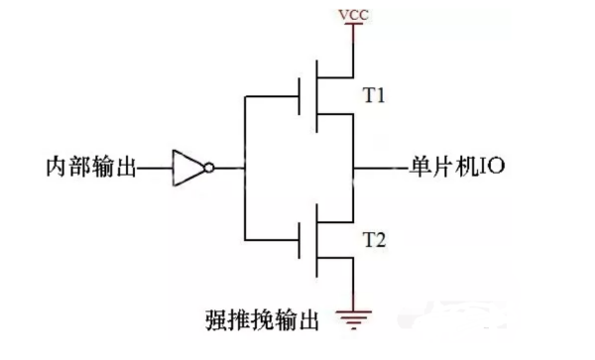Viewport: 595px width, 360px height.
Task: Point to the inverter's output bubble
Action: [x=208, y=169]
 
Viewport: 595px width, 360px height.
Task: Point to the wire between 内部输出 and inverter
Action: [x=154, y=169]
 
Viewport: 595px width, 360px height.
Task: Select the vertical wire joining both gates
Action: [x=243, y=169]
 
